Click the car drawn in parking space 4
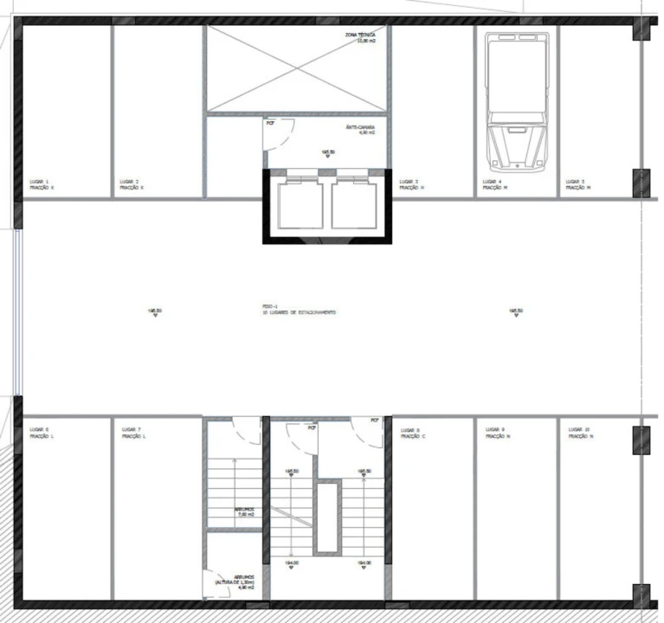click(517, 101)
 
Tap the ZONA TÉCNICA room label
click(359, 36)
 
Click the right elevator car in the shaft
click(355, 203)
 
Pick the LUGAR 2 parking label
click(132, 184)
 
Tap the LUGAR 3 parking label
click(410, 184)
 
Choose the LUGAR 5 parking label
click(577, 184)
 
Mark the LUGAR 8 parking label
click(412, 433)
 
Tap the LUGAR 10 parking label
click(579, 433)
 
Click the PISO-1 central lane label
click(299, 309)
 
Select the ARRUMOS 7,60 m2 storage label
click(244, 512)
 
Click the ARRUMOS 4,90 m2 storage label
click(235, 585)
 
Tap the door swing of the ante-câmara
click(279, 134)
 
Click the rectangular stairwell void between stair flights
click(327, 517)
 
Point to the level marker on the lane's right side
click(515, 312)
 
